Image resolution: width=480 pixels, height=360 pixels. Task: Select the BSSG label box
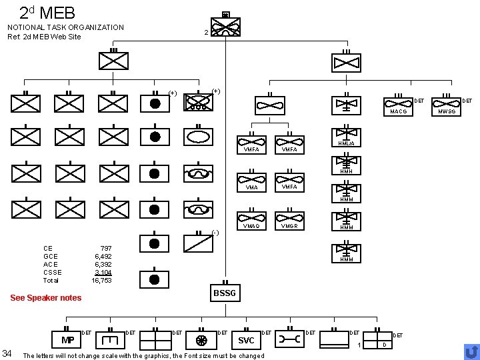coord(225,293)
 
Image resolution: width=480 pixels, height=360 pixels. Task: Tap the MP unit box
coord(67,341)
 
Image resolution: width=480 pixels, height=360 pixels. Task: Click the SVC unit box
coord(246,341)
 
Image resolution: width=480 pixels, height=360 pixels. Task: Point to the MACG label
coord(399,111)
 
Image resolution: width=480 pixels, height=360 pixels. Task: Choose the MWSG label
coord(447,111)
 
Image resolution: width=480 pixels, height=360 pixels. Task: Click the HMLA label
coord(346,143)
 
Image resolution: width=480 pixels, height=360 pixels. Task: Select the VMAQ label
coord(252,226)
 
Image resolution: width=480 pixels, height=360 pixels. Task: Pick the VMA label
coord(251,187)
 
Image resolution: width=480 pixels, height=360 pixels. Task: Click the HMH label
coord(346,171)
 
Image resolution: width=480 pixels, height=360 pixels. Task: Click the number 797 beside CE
coord(105,248)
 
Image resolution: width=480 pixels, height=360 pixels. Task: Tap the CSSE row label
coord(52,273)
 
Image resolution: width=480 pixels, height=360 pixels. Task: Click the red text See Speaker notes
coord(45,298)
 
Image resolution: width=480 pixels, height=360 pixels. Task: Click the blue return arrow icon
coord(471,351)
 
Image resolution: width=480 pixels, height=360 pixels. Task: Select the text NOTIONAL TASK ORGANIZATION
coord(65,27)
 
